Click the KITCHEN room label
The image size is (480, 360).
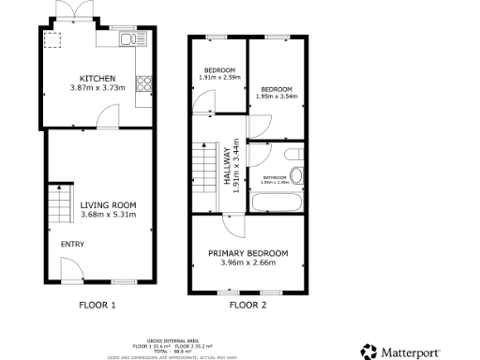pos(97,78)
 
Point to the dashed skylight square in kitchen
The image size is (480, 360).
pos(52,40)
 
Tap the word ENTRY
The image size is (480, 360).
pos(72,245)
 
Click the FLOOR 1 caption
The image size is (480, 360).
pos(97,305)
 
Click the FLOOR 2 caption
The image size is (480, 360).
pos(248,305)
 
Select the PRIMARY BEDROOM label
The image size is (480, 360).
pos(248,253)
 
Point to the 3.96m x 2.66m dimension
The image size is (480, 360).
pos(248,263)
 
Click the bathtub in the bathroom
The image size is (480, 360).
pos(279,202)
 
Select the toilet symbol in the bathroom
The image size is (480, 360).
pos(296,174)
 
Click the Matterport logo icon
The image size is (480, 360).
pos(369,351)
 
